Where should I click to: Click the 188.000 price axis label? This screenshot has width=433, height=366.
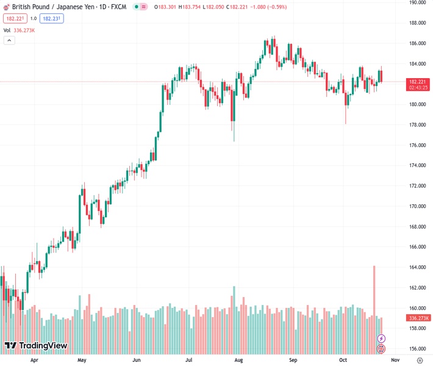417,23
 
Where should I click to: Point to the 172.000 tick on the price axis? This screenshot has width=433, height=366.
417,186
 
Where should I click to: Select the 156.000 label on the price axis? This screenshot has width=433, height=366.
417,349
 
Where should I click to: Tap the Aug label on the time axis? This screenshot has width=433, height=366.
239,361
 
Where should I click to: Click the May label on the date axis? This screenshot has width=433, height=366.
81,361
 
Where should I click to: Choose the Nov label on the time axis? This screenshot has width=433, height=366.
395,361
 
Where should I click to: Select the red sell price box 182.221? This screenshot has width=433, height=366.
15,18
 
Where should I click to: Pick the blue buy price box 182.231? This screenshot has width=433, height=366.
52,18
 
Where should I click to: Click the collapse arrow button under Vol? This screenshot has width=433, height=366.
9,40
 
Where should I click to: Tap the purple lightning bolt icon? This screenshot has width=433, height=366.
382,338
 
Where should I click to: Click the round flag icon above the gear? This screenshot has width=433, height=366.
382,349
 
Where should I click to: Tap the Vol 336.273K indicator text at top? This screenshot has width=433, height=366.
20,30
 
